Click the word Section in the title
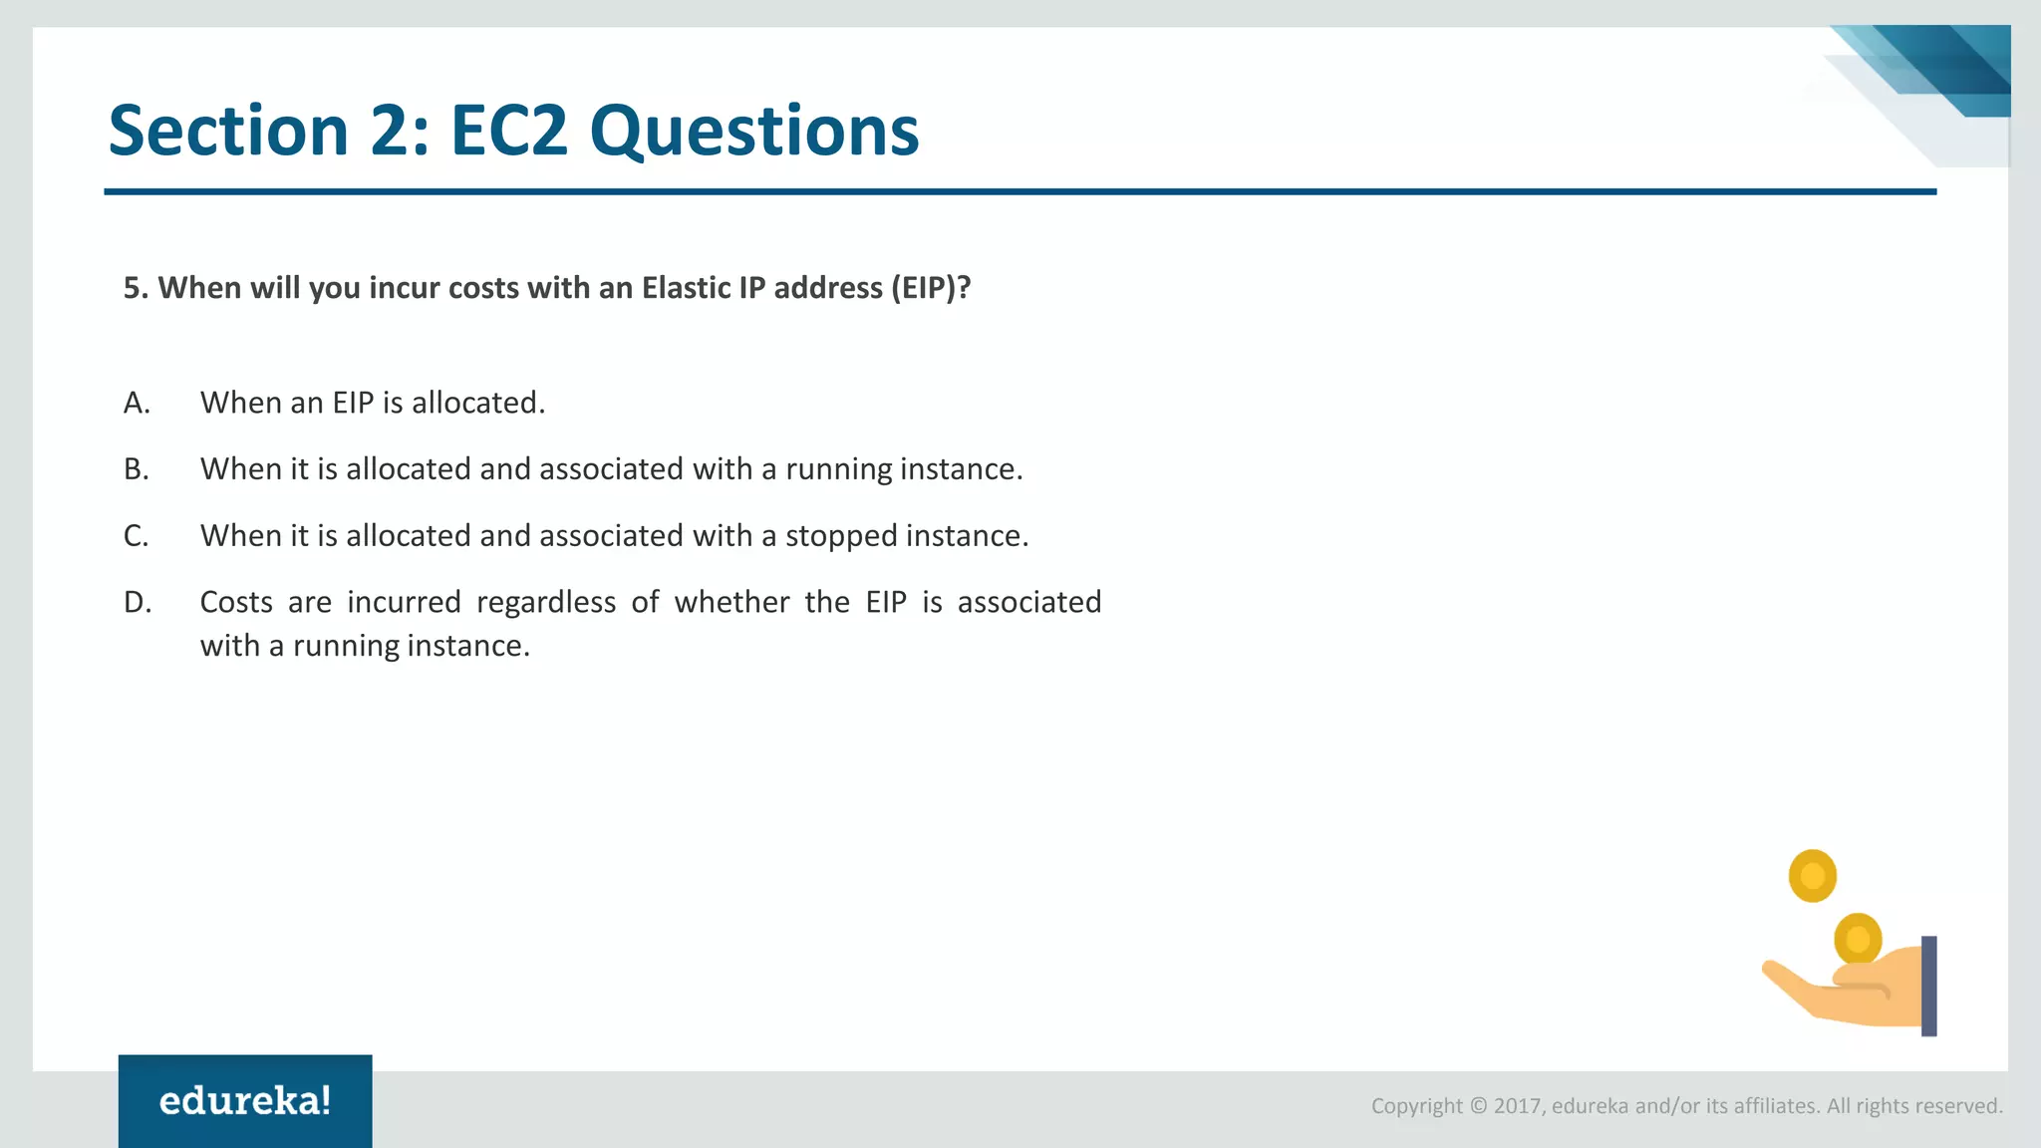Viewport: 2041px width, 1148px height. pos(227,131)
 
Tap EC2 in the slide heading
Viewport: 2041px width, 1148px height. pos(508,131)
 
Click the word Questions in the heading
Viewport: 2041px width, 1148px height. pos(753,131)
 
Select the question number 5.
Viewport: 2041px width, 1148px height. pos(135,288)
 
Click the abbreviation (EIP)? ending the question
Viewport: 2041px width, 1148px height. pos(930,288)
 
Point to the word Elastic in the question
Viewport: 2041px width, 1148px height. pos(686,288)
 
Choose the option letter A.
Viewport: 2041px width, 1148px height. pos(137,403)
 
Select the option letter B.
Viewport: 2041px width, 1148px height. pos(137,469)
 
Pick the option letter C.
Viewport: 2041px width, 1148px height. pos(137,536)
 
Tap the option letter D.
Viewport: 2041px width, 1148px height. pos(138,603)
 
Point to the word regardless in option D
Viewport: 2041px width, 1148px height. pos(546,602)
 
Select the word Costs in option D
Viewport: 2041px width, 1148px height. pos(236,602)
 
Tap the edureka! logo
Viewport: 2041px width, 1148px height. pos(245,1101)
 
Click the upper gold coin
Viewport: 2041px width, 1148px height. pos(1812,876)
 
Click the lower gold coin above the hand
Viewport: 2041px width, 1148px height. pos(1858,938)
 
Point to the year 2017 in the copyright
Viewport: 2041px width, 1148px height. pos(1517,1106)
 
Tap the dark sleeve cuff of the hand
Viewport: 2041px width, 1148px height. pos(1928,986)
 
